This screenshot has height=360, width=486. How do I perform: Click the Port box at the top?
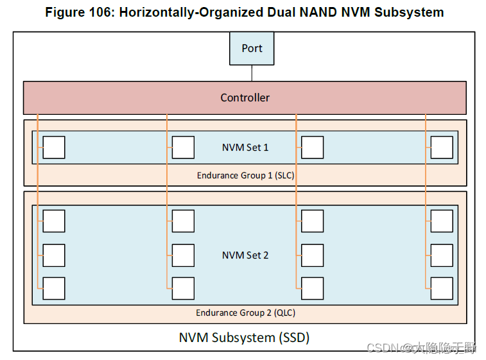[x=252, y=48]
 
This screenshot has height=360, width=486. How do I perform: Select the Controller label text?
[x=245, y=98]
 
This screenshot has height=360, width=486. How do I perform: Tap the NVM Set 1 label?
[x=245, y=148]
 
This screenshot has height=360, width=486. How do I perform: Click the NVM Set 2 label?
[x=245, y=255]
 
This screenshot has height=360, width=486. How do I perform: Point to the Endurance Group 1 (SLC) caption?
[x=245, y=175]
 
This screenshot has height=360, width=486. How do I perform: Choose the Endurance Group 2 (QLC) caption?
[x=245, y=313]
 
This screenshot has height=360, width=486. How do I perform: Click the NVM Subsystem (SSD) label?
[x=244, y=337]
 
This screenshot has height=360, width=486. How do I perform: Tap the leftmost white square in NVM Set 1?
[x=54, y=148]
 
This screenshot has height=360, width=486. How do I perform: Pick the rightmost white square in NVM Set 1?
[x=442, y=148]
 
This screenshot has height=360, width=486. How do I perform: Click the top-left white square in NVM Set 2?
[x=54, y=221]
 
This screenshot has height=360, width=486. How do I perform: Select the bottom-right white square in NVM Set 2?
[x=442, y=288]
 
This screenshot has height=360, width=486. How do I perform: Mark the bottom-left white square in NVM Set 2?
[x=54, y=288]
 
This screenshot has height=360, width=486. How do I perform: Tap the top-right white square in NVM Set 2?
[x=442, y=221]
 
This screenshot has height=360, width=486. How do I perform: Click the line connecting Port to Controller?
[x=252, y=73]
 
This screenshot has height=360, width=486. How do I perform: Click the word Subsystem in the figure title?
[x=412, y=12]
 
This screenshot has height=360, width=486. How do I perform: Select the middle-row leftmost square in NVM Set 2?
[x=54, y=255]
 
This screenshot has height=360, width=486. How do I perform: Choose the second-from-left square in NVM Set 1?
[x=183, y=148]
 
